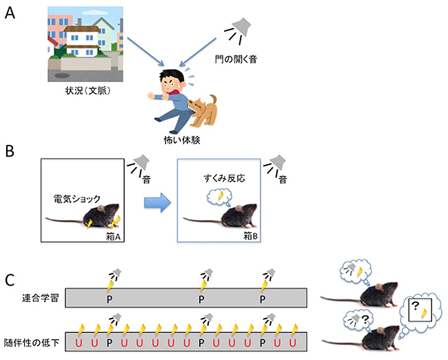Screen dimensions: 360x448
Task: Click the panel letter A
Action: point(9,12)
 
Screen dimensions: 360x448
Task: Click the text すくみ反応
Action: point(221,176)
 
